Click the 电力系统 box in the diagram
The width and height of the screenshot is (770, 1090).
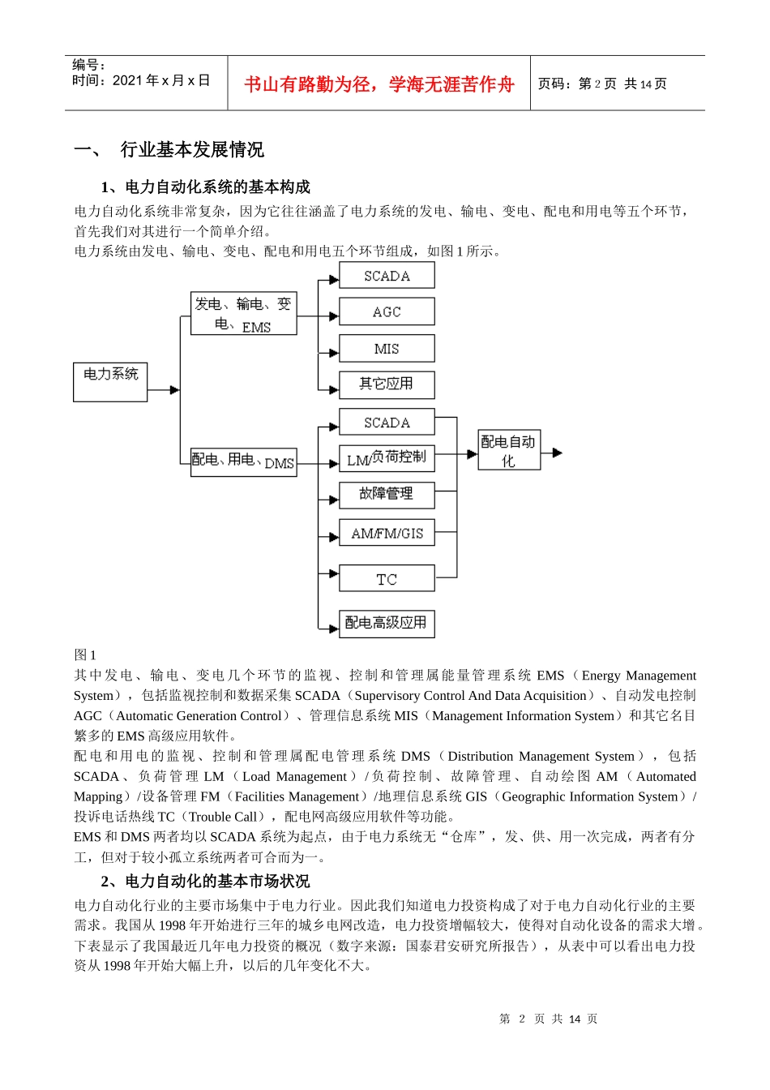click(x=110, y=382)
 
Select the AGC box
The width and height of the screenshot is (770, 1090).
click(x=387, y=311)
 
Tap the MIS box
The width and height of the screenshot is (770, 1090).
click(x=387, y=348)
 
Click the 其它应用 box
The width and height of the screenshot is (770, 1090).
click(x=387, y=384)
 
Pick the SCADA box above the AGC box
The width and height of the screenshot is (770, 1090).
click(x=387, y=276)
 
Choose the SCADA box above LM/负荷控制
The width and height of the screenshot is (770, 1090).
click(x=387, y=423)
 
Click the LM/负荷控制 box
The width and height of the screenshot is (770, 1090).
click(x=387, y=458)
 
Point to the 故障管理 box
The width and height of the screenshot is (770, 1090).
click(x=387, y=495)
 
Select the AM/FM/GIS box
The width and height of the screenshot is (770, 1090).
click(x=387, y=533)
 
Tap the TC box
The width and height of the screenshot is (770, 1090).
click(x=387, y=578)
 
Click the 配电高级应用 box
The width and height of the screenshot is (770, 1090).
click(x=387, y=623)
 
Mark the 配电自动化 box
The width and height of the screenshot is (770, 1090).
click(x=509, y=450)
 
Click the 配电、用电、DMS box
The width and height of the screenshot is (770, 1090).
click(x=243, y=461)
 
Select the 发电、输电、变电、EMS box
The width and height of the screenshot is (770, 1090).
click(x=243, y=314)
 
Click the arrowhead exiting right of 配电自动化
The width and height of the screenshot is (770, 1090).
click(x=557, y=453)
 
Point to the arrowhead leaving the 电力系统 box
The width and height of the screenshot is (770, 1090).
click(x=174, y=390)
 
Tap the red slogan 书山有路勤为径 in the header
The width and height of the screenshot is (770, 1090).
click(x=379, y=84)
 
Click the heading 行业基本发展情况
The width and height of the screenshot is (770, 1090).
click(x=192, y=150)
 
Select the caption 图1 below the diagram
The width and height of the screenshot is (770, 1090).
click(x=85, y=654)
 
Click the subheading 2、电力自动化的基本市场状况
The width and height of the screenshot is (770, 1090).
click(x=205, y=881)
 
